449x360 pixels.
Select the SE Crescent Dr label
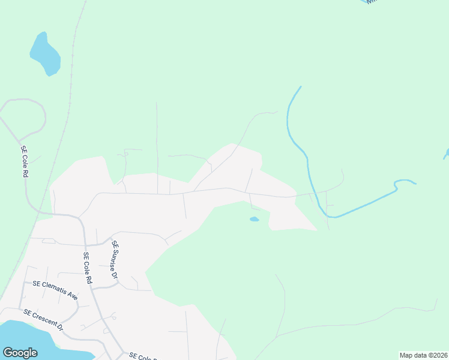[x=43, y=320]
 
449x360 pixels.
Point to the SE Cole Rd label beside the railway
[x=25, y=161]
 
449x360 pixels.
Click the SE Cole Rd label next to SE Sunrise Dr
[x=88, y=268]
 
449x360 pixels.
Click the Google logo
[x=20, y=353]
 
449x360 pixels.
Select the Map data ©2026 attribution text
[x=423, y=355]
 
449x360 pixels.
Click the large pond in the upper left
[x=46, y=55]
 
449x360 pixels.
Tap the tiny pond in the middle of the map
[x=255, y=220]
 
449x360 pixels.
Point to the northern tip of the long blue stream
[x=300, y=87]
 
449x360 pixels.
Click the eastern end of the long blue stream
[x=415, y=183]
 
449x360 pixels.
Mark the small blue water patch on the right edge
[x=446, y=154]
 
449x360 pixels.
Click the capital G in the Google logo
[x=8, y=353]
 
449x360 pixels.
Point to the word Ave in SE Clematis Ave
[x=72, y=295]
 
